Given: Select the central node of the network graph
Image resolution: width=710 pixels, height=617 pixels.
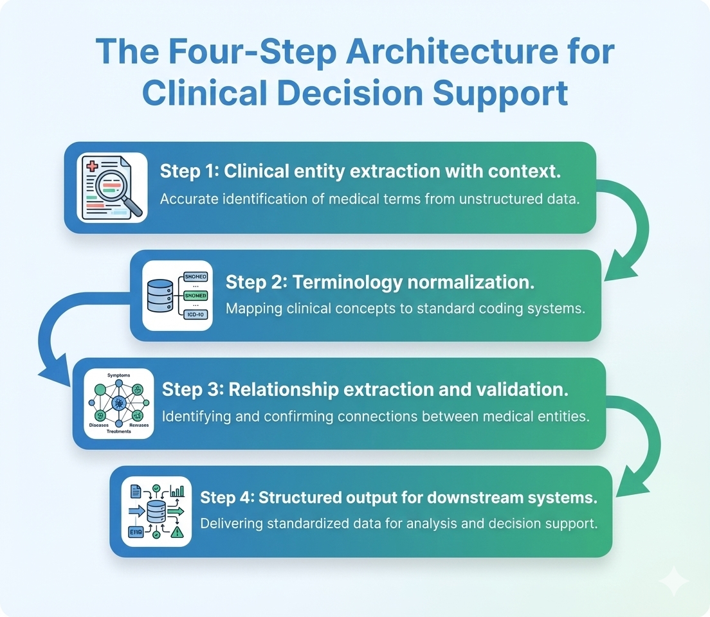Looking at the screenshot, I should coord(118,403).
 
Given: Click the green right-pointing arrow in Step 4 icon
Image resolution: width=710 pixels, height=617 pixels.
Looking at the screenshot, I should coord(176,512).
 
